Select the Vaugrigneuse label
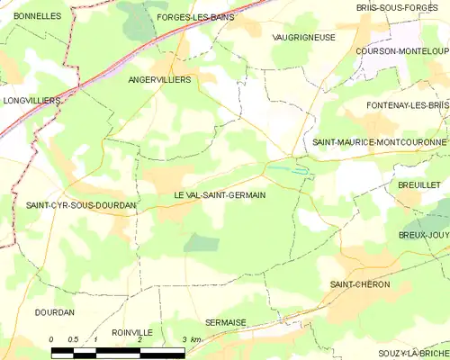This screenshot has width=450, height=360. tap(303, 37)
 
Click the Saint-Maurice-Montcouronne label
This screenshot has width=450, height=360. tap(379, 142)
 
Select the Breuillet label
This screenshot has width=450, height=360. tap(418, 184)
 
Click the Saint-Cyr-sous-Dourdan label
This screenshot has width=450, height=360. tap(81, 206)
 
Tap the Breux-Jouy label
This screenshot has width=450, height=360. tap(423, 235)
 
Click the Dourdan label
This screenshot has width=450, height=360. tap(54, 312)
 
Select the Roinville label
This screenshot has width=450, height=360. tap(132, 332)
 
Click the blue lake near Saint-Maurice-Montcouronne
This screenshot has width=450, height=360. tap(288, 167)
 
